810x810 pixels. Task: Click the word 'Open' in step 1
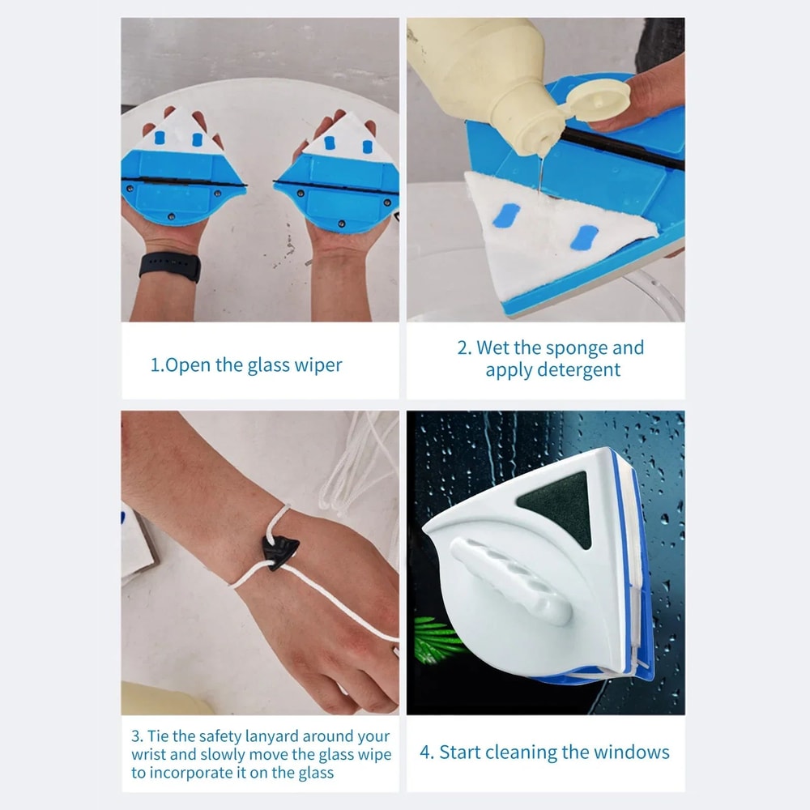(x=187, y=364)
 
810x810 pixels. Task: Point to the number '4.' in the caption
(x=427, y=752)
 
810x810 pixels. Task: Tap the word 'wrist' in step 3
(x=151, y=754)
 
